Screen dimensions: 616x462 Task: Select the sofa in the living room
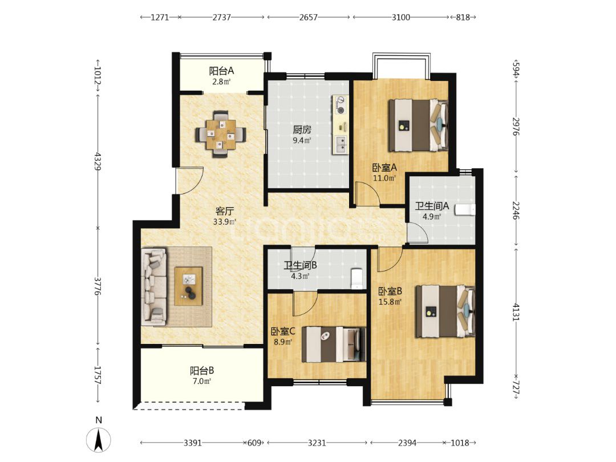154,287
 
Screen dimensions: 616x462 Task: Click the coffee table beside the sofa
189,286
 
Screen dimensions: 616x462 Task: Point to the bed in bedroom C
334,344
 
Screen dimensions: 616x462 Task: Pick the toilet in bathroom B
356,278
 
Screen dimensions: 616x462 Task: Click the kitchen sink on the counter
340,144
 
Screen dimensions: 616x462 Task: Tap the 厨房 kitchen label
302,129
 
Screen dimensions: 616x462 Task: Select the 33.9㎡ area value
224,221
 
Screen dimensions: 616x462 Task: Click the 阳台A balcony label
221,71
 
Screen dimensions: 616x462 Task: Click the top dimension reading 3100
401,17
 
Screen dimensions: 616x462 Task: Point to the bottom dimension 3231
317,443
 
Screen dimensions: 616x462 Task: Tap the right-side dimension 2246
516,210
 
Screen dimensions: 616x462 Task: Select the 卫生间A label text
432,205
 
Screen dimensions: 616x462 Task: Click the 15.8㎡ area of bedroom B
390,302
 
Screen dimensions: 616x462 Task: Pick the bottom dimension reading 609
254,443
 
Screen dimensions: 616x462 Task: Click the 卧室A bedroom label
384,167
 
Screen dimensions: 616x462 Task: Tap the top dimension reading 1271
160,17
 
